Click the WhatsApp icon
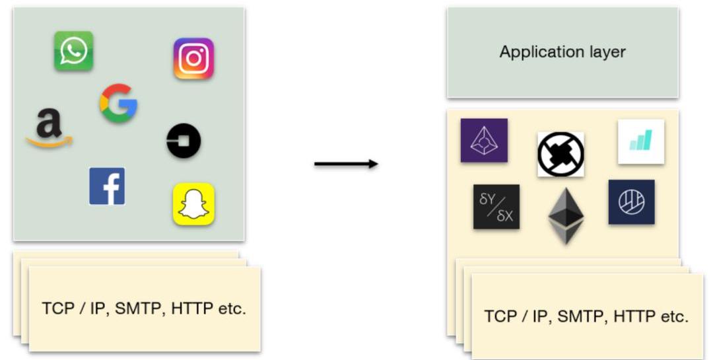[73, 51]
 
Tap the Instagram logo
[193, 59]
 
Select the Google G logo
[119, 103]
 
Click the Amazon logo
[49, 127]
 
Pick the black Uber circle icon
[184, 141]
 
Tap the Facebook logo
[107, 186]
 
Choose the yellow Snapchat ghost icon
[193, 204]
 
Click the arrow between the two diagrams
[346, 163]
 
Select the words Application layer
[562, 52]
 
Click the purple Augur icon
[484, 140]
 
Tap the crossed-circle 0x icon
[560, 154]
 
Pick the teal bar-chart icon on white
[640, 141]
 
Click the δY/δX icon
[496, 207]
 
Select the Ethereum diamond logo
[566, 215]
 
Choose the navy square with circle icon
[631, 202]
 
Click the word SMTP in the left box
[139, 308]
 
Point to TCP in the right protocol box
[499, 316]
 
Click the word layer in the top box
[606, 52]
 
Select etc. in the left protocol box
[230, 308]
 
